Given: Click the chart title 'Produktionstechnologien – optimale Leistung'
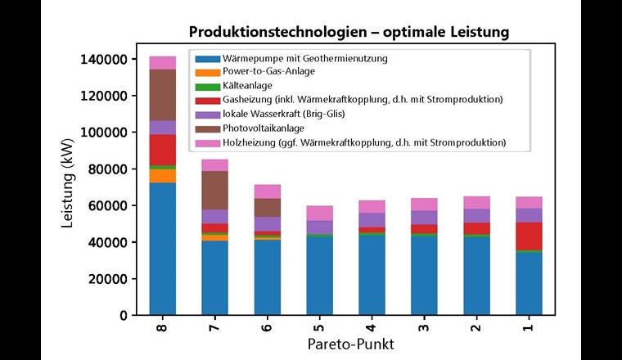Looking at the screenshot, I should click(x=349, y=33).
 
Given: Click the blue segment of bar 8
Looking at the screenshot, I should click(x=163, y=249).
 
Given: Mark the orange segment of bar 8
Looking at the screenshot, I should click(x=163, y=175).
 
